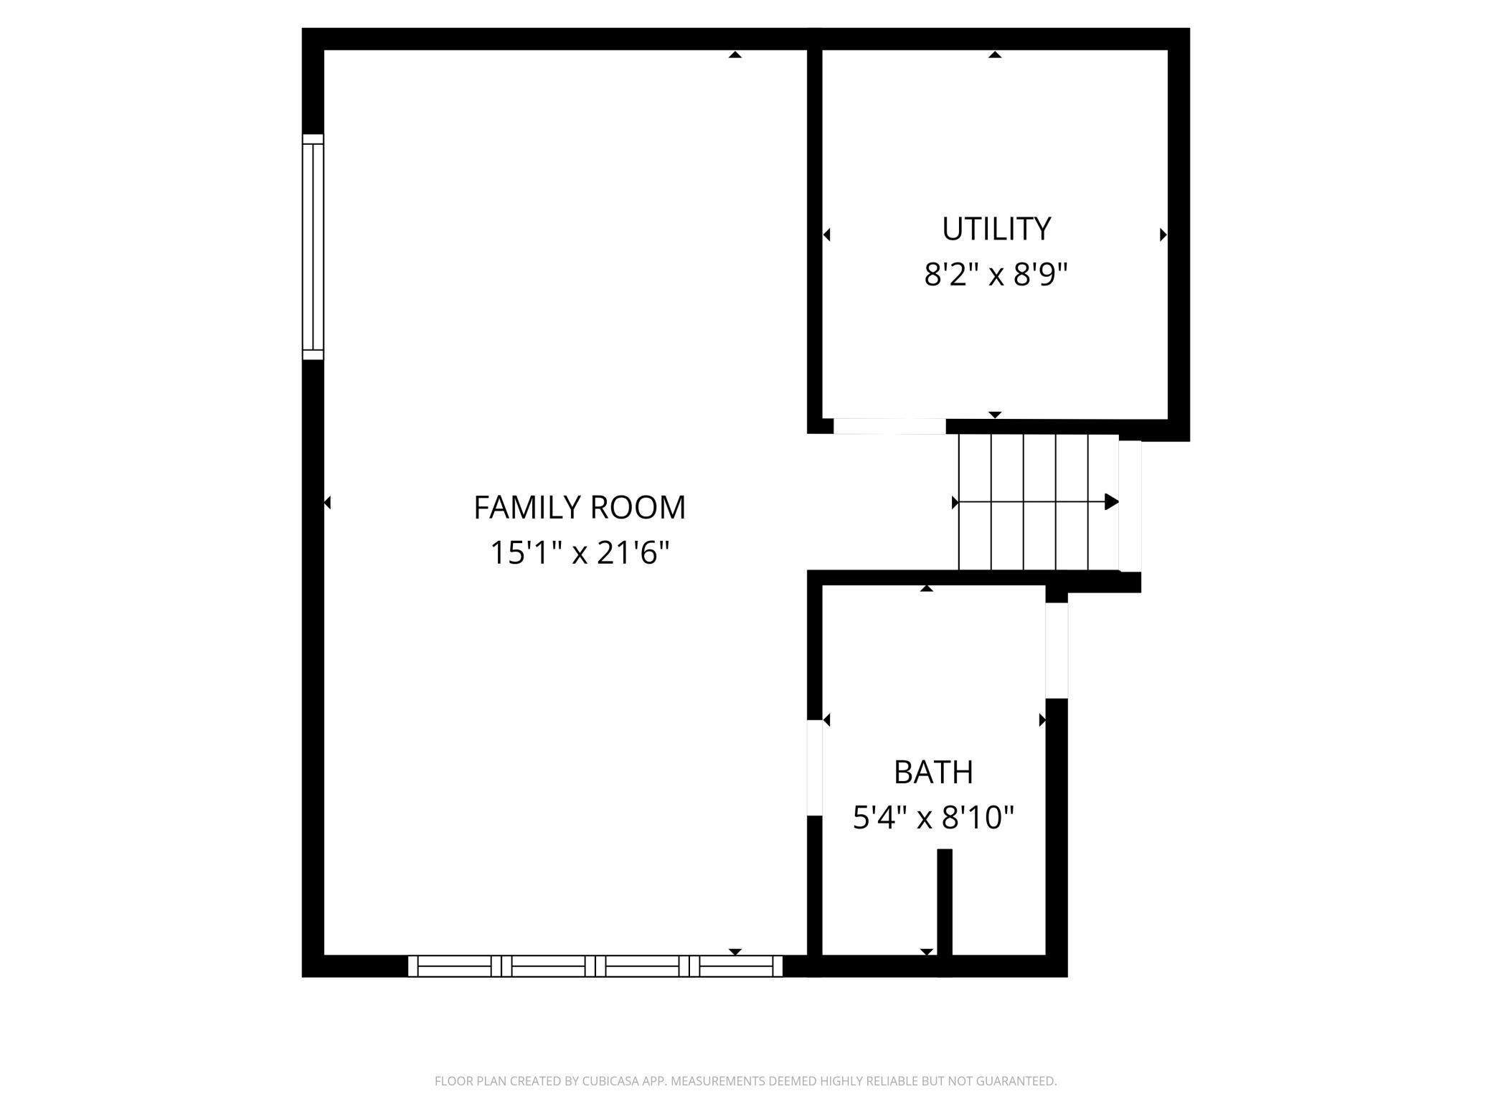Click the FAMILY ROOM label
(580, 508)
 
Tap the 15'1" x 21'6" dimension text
(580, 553)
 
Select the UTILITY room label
(996, 229)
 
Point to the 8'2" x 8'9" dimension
(996, 274)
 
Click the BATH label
(933, 773)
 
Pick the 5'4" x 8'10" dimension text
(933, 818)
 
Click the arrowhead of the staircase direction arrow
(1111, 501)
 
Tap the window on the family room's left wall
(313, 247)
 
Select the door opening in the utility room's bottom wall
(889, 426)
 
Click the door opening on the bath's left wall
(815, 768)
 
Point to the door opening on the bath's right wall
(1057, 650)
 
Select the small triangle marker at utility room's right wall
(1163, 235)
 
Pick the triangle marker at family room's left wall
(327, 503)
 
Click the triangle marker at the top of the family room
(735, 54)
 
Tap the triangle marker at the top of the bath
(927, 588)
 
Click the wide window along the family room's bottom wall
(595, 966)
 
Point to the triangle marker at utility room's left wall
(826, 235)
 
